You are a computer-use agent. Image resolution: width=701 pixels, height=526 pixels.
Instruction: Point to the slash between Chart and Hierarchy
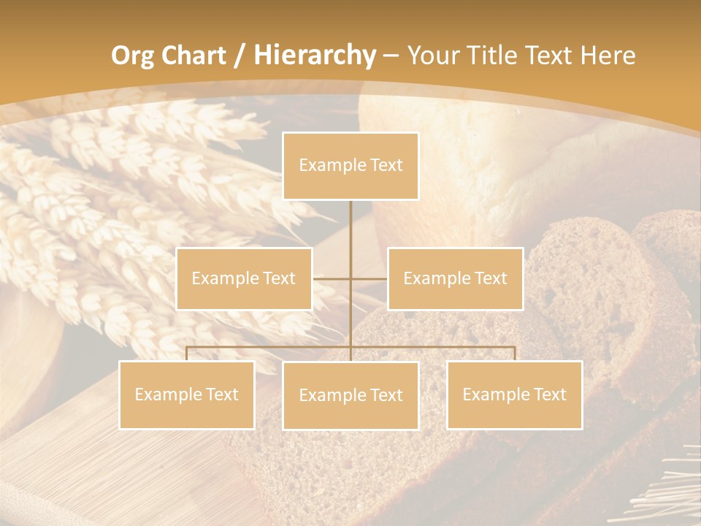(x=240, y=56)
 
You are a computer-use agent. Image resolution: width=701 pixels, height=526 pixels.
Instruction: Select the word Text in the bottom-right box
(x=550, y=394)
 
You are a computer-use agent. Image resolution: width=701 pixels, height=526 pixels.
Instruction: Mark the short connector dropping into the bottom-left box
(x=187, y=354)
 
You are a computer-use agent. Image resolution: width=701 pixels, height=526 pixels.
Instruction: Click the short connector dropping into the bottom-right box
(x=515, y=354)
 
